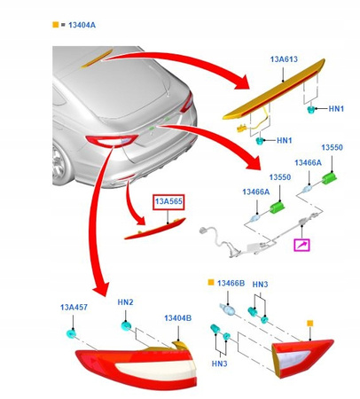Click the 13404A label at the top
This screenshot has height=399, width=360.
80,25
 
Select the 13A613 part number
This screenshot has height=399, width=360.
284,60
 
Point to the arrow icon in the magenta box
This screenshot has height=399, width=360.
304,242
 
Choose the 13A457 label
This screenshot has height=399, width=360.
74,307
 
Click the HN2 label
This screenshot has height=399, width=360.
125,302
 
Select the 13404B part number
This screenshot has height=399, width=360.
177,317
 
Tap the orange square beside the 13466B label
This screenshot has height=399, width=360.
211,283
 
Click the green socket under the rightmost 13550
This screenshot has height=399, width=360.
329,178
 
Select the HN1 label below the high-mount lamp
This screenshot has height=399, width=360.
284,140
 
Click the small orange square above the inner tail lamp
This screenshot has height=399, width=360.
309,323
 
